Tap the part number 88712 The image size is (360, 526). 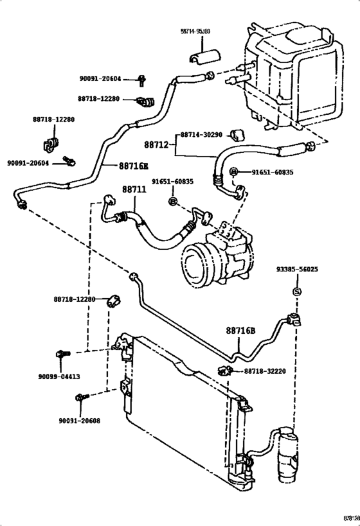pyautogui.click(x=156, y=145)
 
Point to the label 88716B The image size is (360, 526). pyautogui.click(x=240, y=331)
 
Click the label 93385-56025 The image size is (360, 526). pyautogui.click(x=297, y=270)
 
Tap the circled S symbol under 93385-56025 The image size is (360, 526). pyautogui.click(x=297, y=292)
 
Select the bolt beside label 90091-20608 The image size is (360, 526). pyautogui.click(x=80, y=398)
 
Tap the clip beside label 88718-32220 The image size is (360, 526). pyautogui.click(x=225, y=369)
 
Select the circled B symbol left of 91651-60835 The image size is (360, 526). pyautogui.click(x=235, y=172)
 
